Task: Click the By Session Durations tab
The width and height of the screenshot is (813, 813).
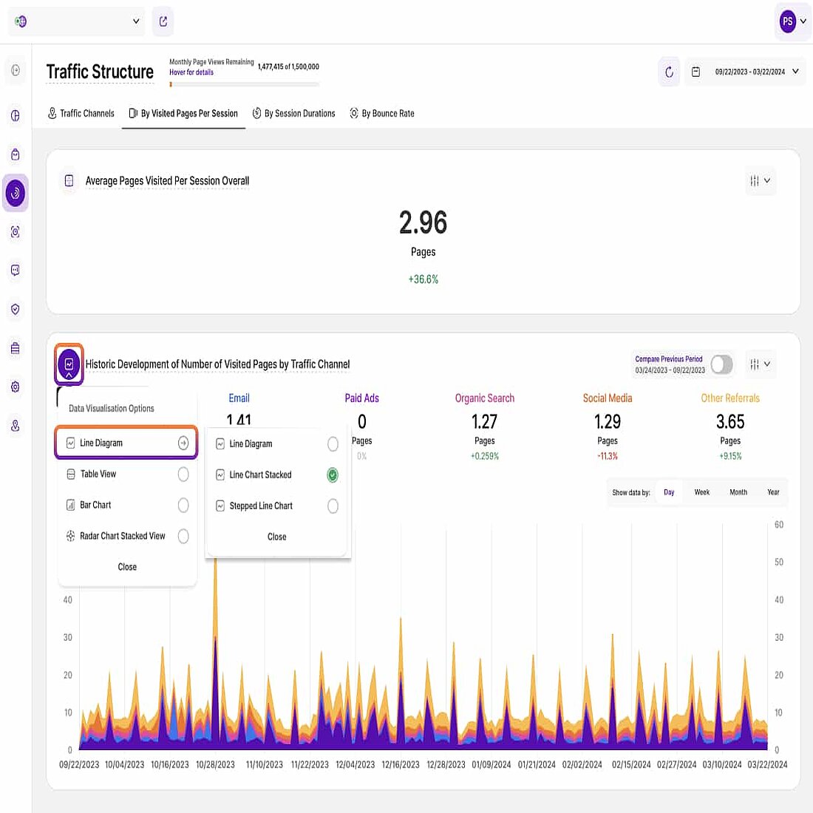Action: coord(294,114)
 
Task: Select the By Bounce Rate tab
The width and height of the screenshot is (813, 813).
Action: coord(382,114)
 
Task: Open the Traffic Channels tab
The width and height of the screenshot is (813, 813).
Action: coord(81,114)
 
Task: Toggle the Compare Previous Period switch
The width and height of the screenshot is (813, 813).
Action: coord(721,364)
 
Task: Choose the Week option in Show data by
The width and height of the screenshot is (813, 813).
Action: coord(701,492)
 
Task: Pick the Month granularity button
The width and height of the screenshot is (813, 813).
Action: coord(738,492)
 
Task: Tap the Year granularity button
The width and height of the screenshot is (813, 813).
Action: coord(773,492)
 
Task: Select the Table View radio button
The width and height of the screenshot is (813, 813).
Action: coord(183,474)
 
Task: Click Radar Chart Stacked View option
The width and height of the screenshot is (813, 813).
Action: coord(123,537)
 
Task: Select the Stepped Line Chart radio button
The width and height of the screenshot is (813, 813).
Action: coord(333,506)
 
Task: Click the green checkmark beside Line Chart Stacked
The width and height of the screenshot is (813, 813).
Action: coord(333,475)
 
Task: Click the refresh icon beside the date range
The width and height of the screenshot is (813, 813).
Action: coord(669,72)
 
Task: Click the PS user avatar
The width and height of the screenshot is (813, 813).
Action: coord(788,21)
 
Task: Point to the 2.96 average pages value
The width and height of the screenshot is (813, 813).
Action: coord(423,222)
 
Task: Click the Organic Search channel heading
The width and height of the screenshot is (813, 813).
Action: coord(484,398)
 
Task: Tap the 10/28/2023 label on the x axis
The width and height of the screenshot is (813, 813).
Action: coord(215,765)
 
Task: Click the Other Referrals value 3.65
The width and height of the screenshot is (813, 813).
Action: coord(729,422)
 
